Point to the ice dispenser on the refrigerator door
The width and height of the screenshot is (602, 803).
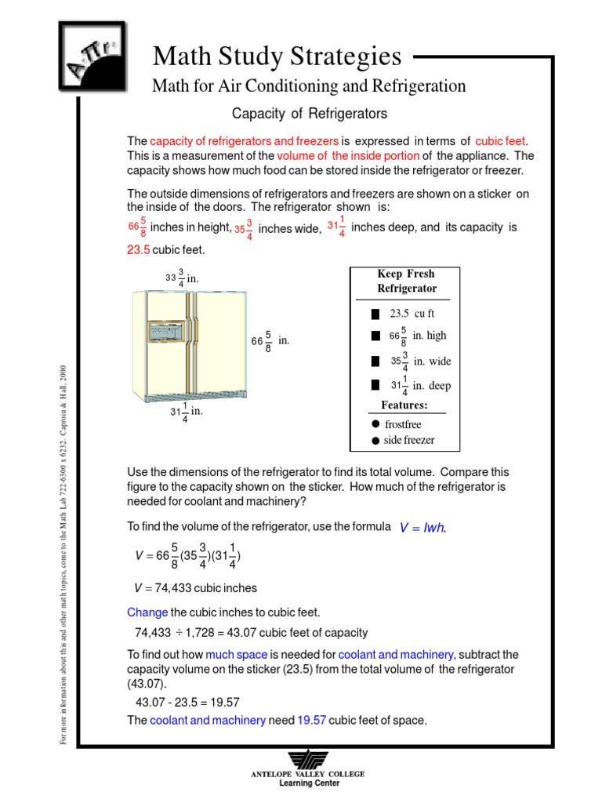coord(169,332)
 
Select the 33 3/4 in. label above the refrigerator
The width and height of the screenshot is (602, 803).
coord(182,278)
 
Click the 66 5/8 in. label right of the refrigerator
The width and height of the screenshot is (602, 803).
coord(270,341)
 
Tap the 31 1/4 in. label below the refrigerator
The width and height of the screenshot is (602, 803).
coord(187,412)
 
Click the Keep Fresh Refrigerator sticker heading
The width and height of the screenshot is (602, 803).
coord(404,281)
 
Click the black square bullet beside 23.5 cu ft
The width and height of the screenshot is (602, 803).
coord(375,314)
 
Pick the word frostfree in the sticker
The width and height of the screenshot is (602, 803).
coord(403,424)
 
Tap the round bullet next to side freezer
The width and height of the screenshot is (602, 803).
coord(375,440)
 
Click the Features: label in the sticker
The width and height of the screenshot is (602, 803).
coord(404,405)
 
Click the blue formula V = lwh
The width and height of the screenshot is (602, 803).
coord(422,528)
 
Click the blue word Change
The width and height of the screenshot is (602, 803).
coord(147,612)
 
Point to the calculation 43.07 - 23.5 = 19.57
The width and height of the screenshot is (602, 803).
coord(187,702)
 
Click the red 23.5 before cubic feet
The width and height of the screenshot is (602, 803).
coord(138,250)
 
